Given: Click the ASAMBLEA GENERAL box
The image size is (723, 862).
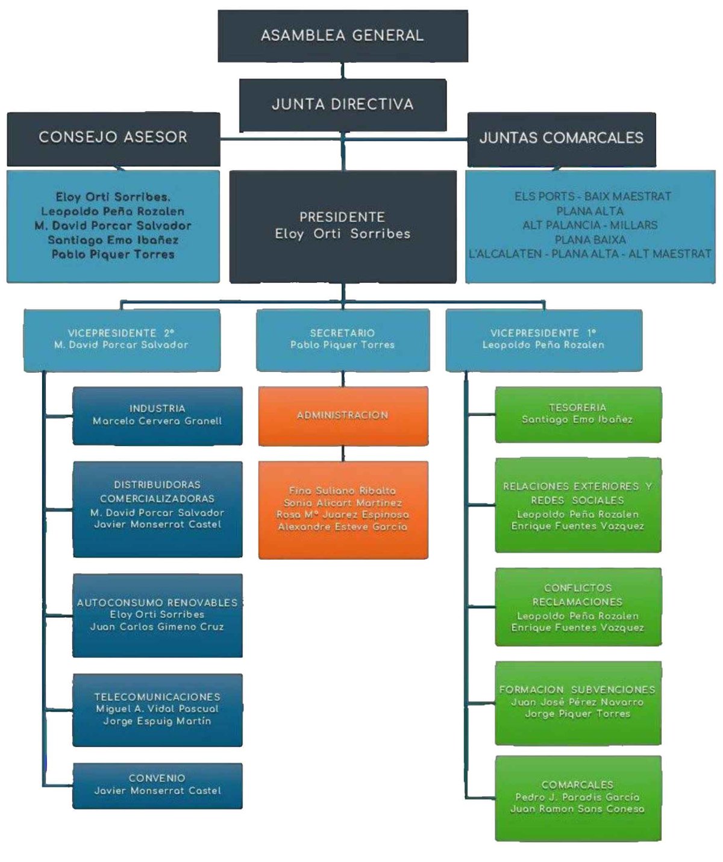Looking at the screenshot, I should tap(342, 36).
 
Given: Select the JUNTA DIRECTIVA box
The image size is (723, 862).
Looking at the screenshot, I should tap(342, 105).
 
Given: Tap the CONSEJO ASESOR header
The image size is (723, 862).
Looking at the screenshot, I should tap(113, 138).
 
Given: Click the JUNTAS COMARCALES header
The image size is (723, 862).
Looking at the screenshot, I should tap(561, 138).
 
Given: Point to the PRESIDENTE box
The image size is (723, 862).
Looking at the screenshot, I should tap(342, 226).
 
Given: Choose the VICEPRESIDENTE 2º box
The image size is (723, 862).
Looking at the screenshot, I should tap(121, 340).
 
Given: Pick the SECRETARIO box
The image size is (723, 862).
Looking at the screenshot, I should tap(342, 340).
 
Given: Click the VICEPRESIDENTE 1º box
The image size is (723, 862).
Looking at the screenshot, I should tap(543, 340).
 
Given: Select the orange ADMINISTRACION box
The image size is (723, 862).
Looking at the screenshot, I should tap(343, 415).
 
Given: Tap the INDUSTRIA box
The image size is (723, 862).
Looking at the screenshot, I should tap(157, 415).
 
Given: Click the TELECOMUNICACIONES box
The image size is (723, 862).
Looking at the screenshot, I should tap(157, 710).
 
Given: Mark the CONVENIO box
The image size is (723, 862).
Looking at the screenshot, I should tap(157, 785).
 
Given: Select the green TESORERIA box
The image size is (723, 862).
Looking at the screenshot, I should tap(578, 414).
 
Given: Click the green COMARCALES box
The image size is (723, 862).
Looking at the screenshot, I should tap(578, 798).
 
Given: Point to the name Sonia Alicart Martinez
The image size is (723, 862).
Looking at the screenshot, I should tap(343, 503).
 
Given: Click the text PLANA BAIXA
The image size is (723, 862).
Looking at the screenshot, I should tap(590, 240).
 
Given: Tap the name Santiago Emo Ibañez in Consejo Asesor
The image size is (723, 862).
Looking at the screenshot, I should tap(113, 240).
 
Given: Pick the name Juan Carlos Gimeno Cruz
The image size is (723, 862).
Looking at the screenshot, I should tap(157, 627).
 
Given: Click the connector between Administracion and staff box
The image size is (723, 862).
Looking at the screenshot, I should tap(343, 453).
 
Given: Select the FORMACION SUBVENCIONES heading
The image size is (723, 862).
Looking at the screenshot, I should tap(577, 690).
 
